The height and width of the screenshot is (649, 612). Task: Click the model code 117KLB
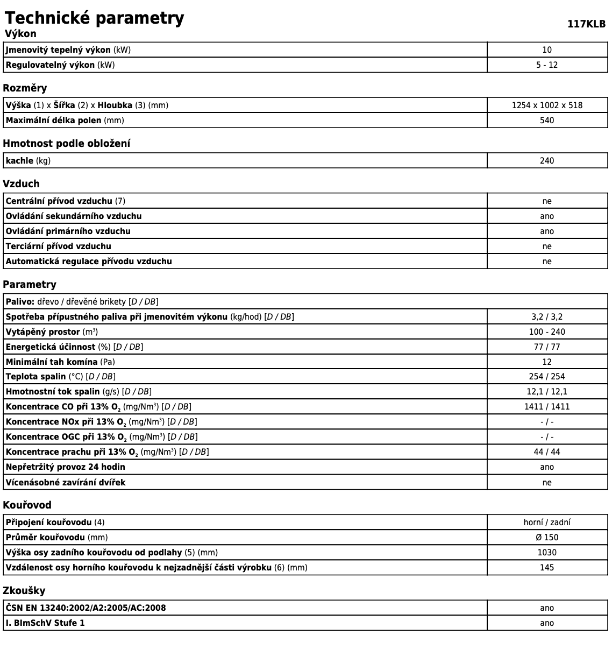point(586,24)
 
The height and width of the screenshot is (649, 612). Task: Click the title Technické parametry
point(94,18)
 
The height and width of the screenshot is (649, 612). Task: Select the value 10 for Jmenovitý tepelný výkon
point(547,50)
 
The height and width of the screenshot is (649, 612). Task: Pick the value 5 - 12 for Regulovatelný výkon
point(547,65)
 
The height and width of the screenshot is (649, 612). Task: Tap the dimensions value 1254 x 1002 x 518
point(547,105)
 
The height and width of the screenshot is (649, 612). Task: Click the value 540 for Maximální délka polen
point(547,121)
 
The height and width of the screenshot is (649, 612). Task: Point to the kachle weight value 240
point(547,161)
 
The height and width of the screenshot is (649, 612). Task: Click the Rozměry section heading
point(25,88)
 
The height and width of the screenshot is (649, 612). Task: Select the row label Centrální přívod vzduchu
point(59,201)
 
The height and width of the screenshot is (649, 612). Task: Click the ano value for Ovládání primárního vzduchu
point(547,231)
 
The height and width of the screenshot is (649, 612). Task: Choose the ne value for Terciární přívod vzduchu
point(547,246)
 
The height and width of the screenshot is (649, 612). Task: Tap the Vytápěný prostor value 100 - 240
point(547,332)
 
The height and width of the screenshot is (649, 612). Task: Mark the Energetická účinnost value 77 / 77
point(547,347)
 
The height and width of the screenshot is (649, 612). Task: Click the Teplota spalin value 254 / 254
point(547,377)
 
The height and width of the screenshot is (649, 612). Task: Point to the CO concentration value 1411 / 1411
point(547,407)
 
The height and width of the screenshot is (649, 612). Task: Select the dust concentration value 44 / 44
point(547,452)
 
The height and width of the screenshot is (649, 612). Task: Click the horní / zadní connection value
point(547,523)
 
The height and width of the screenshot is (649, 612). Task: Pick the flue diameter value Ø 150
point(547,538)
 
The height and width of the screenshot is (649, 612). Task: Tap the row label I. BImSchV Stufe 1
point(45,623)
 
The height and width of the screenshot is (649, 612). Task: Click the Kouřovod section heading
point(27,505)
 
